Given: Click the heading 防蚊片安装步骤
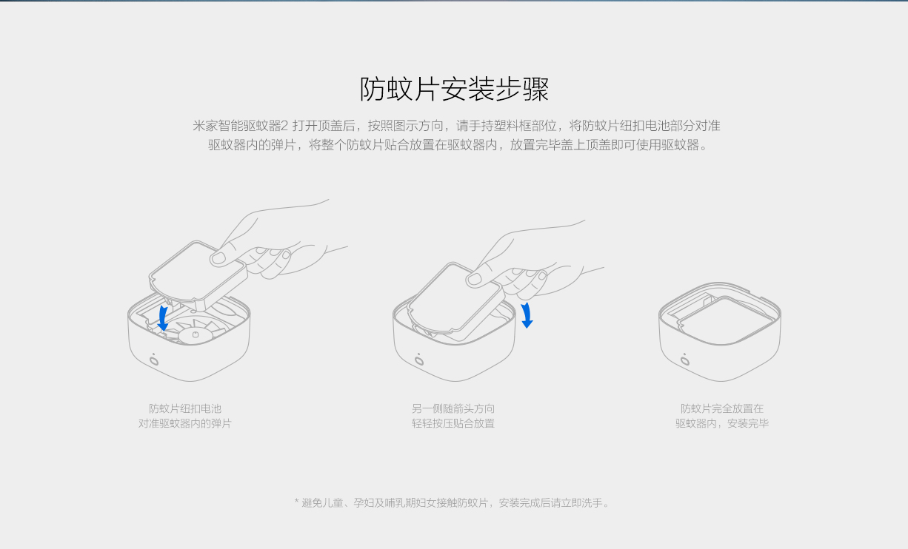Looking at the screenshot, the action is (454, 89).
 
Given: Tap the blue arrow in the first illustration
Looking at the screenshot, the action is (163, 318).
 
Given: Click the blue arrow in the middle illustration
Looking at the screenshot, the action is (527, 315).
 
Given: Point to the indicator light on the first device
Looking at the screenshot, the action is (154, 360).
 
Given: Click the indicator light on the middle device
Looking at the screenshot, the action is (419, 360).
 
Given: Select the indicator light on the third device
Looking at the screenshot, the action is (684, 360).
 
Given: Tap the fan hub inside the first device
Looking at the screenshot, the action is (196, 336).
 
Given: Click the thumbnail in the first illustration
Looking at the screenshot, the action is (218, 258).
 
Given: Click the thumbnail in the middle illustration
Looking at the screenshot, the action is (474, 278).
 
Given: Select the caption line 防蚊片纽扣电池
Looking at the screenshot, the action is (185, 408).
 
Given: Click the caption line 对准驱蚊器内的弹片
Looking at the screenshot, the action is (185, 423).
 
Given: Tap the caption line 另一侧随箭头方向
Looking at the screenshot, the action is (453, 408).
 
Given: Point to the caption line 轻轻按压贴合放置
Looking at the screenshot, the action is (453, 423).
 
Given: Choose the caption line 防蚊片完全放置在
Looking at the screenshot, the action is (722, 408).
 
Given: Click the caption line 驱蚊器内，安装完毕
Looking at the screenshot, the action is (722, 423).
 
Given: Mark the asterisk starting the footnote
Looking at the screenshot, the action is (296, 501).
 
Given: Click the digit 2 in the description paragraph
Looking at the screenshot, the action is (284, 126).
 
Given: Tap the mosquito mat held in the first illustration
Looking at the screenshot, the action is (198, 275).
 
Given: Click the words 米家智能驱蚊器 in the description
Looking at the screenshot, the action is (236, 126).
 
